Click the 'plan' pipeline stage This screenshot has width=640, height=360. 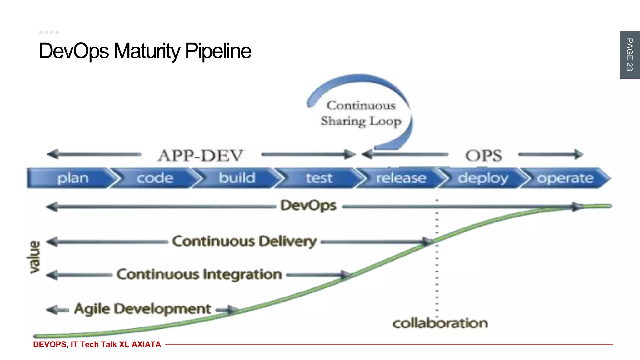tap(73, 178)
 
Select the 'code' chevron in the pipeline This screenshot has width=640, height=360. tap(155, 178)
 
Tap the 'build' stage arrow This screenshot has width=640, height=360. tap(237, 178)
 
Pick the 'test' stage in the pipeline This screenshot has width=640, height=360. tap(318, 178)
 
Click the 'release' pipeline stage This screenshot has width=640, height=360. tap(401, 178)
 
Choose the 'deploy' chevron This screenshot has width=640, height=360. tap(483, 178)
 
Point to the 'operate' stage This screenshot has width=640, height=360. tap(565, 178)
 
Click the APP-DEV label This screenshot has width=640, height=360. tap(200, 156)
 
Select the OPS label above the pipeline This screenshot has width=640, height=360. tap(483, 156)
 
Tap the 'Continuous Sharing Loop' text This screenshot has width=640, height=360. tap(361, 113)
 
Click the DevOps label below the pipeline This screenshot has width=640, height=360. tap(308, 206)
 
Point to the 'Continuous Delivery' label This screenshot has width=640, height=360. tap(244, 242)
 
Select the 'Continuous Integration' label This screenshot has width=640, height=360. tap(199, 274)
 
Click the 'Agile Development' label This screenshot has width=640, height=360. tap(142, 309)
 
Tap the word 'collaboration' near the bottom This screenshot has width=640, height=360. tap(440, 323)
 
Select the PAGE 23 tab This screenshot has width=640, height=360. tap(629, 55)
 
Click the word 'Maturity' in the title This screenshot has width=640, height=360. tap(147, 51)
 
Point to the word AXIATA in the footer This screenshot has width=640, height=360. tap(146, 344)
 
